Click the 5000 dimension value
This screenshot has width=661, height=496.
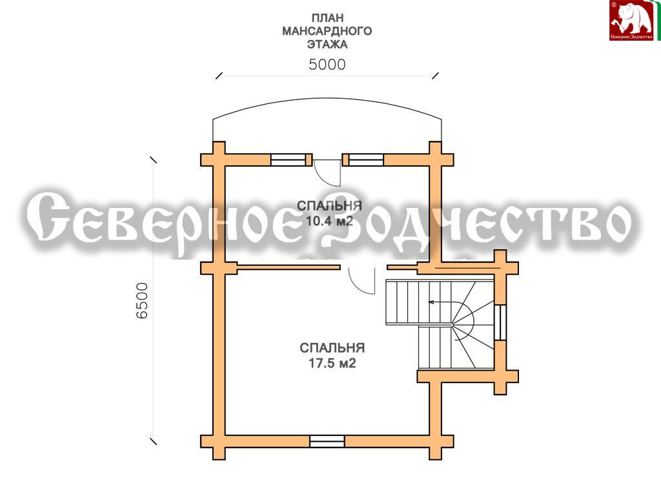point(327,64)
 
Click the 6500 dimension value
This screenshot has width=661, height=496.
point(142,300)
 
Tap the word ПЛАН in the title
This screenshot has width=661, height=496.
point(327,18)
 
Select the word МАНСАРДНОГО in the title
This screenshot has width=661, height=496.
point(327,31)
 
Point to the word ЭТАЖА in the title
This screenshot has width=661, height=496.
point(327,45)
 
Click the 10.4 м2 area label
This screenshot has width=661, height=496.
point(329,221)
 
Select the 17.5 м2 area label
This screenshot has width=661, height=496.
point(332,363)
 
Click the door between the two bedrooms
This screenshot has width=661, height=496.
point(362,280)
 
